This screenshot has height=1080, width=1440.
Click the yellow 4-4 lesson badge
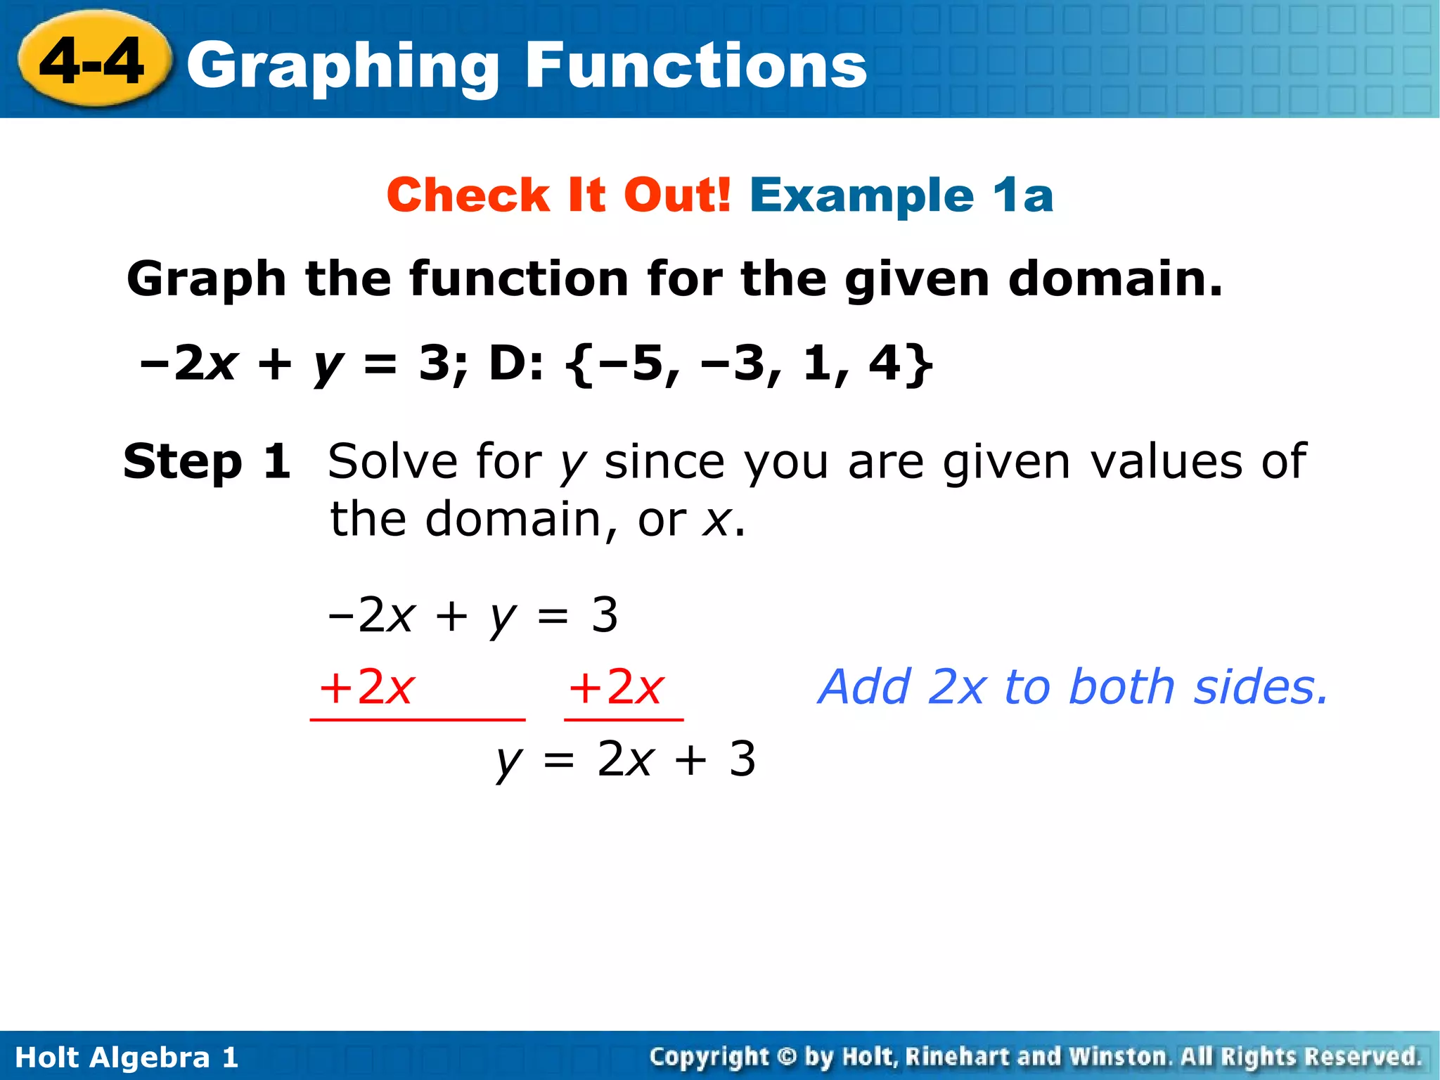(93, 61)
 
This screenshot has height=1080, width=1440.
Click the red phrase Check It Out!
(559, 195)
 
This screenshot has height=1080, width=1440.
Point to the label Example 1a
(901, 195)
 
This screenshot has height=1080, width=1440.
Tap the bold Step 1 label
(207, 462)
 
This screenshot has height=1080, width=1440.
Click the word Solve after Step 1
(392, 462)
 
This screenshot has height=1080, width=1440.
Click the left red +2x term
(366, 687)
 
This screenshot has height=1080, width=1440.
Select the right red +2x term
(616, 687)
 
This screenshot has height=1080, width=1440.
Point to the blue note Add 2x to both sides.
(1073, 687)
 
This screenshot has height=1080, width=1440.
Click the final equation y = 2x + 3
(626, 760)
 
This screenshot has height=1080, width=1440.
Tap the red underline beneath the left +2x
(418, 720)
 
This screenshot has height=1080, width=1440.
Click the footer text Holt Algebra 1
(127, 1057)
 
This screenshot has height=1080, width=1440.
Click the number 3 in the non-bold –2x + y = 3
(605, 615)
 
